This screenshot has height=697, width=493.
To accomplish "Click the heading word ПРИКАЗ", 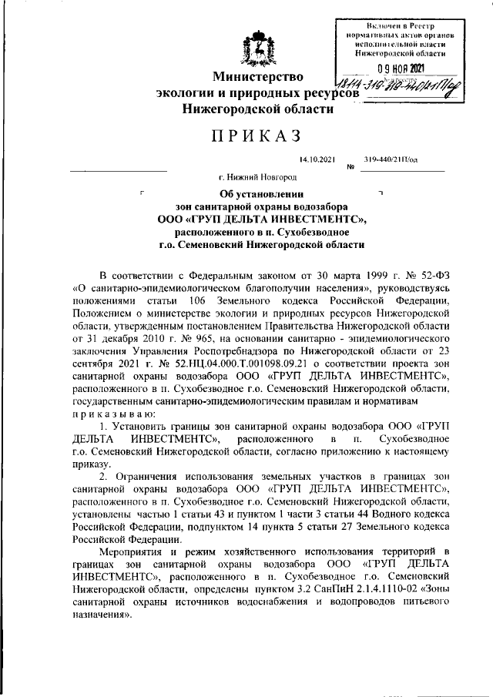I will [x=257, y=136].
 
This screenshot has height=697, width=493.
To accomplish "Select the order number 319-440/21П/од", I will [x=391, y=159].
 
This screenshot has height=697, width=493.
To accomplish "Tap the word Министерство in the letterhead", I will [x=257, y=76].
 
